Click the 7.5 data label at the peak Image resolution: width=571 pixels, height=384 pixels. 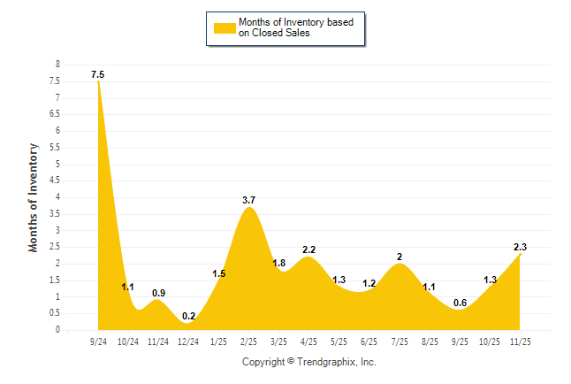pyautogui.click(x=98, y=75)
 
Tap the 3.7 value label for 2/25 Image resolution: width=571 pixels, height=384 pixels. pyautogui.click(x=248, y=201)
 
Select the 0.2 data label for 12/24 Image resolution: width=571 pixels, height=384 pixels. pyautogui.click(x=188, y=316)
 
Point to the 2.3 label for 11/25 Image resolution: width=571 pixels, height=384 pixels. pyautogui.click(x=520, y=247)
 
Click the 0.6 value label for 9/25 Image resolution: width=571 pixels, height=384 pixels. pyautogui.click(x=460, y=303)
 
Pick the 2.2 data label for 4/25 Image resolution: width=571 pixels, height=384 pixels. pyautogui.click(x=309, y=250)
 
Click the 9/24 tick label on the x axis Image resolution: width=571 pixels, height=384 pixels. pyautogui.click(x=98, y=341)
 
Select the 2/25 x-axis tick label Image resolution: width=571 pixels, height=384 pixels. pyautogui.click(x=248, y=341)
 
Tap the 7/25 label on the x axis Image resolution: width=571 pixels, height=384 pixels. pyautogui.click(x=400, y=341)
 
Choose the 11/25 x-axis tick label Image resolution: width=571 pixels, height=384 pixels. pyautogui.click(x=520, y=341)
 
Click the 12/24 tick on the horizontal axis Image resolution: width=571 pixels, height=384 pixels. pyautogui.click(x=188, y=341)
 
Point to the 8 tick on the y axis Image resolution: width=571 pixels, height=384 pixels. pyautogui.click(x=57, y=65)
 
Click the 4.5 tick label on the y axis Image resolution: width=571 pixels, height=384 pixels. pyautogui.click(x=55, y=180)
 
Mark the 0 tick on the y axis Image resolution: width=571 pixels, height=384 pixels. pyautogui.click(x=57, y=330)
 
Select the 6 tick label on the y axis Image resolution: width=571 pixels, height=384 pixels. pyautogui.click(x=57, y=131)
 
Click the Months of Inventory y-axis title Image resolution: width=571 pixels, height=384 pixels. pyautogui.click(x=34, y=197)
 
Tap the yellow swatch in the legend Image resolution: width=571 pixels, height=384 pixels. pyautogui.click(x=224, y=28)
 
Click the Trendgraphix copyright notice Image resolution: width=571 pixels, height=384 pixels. pyautogui.click(x=309, y=362)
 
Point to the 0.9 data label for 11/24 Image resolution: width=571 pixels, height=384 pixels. pyautogui.click(x=158, y=293)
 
